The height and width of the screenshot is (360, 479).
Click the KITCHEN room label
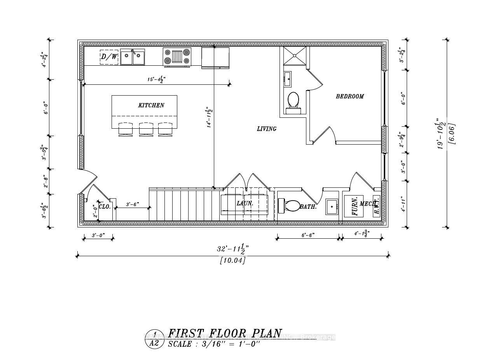pyautogui.click(x=151, y=105)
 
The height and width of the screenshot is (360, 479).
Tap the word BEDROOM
pyautogui.click(x=350, y=96)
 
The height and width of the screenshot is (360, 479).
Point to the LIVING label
pyautogui.click(x=267, y=129)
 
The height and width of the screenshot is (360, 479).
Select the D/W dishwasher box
pyautogui.click(x=109, y=57)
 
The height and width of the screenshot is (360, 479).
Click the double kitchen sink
pyautogui.click(x=132, y=57)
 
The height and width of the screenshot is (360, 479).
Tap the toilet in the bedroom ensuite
pyautogui.click(x=293, y=102)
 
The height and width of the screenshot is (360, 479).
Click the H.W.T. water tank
pyautogui.click(x=376, y=206)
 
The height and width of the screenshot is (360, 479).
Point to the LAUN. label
pyautogui.click(x=245, y=203)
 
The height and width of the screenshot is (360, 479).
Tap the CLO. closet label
pyautogui.click(x=105, y=207)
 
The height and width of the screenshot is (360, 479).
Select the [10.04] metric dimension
pyautogui.click(x=233, y=260)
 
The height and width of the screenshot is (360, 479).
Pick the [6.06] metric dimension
pyautogui.click(x=452, y=134)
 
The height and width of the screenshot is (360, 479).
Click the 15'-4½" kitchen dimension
pyautogui.click(x=156, y=79)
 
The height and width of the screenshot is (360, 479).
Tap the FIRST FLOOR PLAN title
pyautogui.click(x=225, y=334)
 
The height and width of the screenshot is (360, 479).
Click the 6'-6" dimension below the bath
pyautogui.click(x=308, y=235)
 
